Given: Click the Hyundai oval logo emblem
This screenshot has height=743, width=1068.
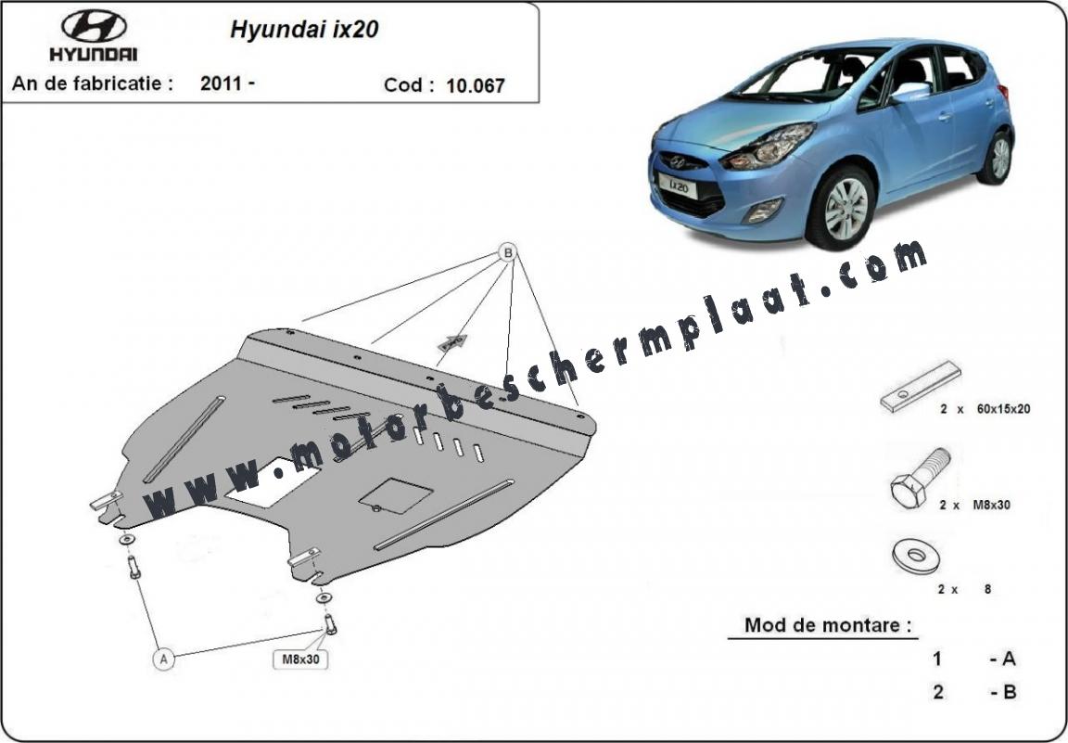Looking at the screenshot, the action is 94,26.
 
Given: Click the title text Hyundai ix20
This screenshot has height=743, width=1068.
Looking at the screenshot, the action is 304,30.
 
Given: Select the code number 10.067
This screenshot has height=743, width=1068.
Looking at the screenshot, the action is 476,85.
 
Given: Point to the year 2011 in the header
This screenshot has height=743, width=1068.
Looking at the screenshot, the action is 222,83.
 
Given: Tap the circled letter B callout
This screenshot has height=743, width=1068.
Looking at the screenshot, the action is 507,253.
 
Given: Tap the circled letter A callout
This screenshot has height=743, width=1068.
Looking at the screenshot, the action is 163,660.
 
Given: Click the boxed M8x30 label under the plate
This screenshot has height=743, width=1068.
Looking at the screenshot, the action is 300,660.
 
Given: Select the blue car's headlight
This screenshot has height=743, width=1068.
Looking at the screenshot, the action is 769,147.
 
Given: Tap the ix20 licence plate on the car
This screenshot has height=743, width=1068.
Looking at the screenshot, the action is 677,185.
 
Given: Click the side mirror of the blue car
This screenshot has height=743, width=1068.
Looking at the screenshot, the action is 910,92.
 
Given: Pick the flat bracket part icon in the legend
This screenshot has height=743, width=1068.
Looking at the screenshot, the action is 921,387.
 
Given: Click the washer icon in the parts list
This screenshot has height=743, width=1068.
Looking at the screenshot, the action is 916,557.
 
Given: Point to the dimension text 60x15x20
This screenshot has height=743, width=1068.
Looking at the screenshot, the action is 1003,409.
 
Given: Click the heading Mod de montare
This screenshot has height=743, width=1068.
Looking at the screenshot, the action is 828,624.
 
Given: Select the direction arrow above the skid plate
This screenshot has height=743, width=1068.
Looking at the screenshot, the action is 453,342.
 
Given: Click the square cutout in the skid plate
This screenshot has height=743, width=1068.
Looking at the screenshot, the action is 396,495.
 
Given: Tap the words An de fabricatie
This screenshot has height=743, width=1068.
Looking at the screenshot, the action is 93,83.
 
